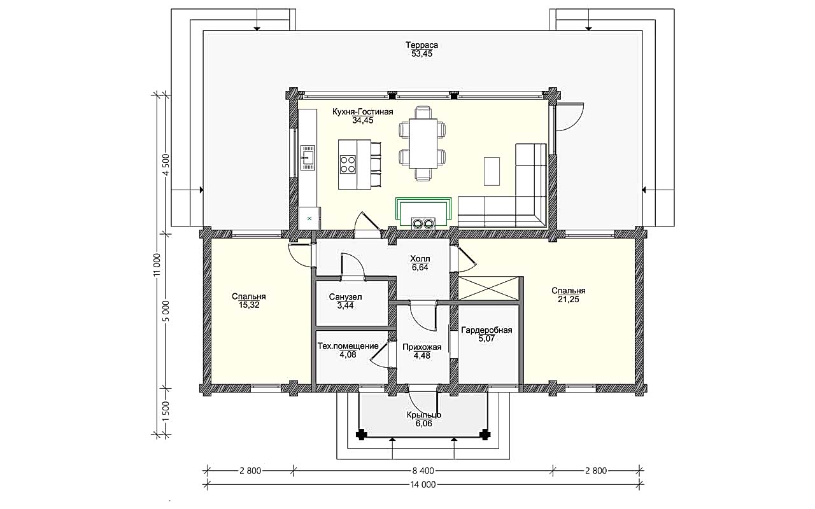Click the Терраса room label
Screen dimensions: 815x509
(422, 45)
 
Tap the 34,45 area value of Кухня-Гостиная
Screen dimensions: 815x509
(363, 120)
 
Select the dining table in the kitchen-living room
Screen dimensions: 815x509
(423, 143)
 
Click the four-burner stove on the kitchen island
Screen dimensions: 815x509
(348, 164)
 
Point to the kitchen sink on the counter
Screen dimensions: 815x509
(308, 158)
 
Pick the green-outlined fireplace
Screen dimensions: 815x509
(423, 213)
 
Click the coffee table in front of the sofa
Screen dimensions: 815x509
(492, 171)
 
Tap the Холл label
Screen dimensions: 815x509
(420, 259)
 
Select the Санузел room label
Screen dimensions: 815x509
(345, 297)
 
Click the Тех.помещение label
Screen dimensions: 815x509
(348, 345)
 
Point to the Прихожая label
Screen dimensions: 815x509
(422, 347)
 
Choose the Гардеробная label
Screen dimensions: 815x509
(486, 330)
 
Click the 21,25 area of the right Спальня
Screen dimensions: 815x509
(569, 300)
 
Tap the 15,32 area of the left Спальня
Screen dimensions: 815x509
(249, 305)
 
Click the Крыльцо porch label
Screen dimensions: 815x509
(424, 415)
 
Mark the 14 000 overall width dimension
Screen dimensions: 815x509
(423, 485)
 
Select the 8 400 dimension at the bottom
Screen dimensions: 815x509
(423, 471)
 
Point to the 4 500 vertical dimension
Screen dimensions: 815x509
(166, 165)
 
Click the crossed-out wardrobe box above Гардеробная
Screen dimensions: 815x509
(488, 289)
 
